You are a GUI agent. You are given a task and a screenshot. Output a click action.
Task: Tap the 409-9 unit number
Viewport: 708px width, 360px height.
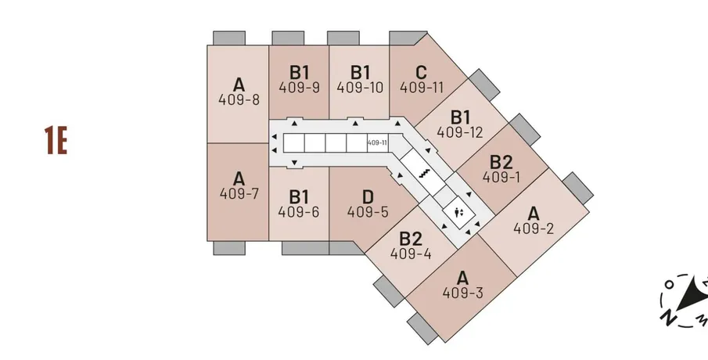(299, 88)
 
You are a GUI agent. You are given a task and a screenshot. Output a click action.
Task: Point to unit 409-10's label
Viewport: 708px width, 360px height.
(360, 88)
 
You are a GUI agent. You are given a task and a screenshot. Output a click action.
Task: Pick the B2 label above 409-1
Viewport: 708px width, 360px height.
(501, 162)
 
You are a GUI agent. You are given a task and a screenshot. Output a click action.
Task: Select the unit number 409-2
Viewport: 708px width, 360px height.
(534, 229)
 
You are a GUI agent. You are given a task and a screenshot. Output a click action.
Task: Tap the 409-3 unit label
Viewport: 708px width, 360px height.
(463, 293)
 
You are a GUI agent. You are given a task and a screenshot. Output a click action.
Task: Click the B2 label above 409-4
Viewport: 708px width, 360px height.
(411, 238)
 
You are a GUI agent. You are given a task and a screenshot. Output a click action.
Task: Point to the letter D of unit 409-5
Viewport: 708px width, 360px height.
(367, 194)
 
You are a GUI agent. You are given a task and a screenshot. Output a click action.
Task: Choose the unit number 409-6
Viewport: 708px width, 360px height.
(299, 211)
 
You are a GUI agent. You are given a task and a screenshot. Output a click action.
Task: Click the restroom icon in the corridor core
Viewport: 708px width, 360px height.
(460, 211)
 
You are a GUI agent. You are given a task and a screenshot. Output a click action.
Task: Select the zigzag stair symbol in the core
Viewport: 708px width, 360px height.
(427, 175)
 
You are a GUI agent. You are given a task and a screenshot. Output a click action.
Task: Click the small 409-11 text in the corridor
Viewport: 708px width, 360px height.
(377, 143)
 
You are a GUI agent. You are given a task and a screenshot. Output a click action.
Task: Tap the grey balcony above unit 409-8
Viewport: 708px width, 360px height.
(229, 38)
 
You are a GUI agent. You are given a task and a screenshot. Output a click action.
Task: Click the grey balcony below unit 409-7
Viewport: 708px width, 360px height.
(228, 247)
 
